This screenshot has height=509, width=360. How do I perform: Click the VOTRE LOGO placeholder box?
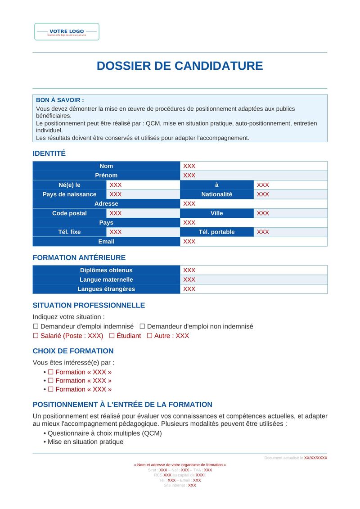[x=67, y=32]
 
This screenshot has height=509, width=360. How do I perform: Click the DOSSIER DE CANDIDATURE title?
[x=180, y=66]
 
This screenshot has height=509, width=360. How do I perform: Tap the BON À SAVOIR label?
[x=60, y=100]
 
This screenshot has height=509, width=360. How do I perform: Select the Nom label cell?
[x=106, y=166]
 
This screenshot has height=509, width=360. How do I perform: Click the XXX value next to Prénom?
[x=189, y=176]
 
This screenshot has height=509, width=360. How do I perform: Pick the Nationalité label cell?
[x=216, y=194]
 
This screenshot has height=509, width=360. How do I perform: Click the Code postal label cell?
[x=69, y=213]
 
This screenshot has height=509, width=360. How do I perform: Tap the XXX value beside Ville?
[x=263, y=213]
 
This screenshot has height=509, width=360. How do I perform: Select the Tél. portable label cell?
[x=216, y=232]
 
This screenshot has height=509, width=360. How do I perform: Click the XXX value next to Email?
[x=189, y=242]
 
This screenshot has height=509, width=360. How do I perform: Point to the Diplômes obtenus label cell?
[x=106, y=270]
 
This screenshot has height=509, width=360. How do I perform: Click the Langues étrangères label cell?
[x=106, y=289]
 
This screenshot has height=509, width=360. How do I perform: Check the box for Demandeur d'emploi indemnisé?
[x=36, y=326]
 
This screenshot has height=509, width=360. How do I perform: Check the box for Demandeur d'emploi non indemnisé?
[x=142, y=326]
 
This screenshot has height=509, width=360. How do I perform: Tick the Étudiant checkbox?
[x=112, y=336]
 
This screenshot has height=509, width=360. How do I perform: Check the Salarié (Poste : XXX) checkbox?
[x=36, y=336]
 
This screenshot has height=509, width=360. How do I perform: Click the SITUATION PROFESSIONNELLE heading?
[x=89, y=305]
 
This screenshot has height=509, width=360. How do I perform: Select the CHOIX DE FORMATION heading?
[x=73, y=351]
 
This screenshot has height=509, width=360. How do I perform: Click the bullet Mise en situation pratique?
[x=85, y=442]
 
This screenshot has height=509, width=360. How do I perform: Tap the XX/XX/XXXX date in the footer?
[x=315, y=458]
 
